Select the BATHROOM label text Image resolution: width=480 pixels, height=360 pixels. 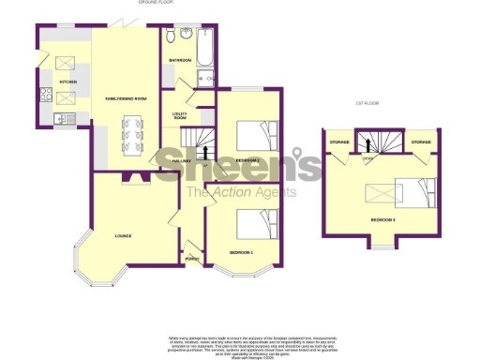point(180,61)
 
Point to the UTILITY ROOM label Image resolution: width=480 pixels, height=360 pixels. point(181,116)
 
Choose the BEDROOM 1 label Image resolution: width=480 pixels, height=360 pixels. point(242,253)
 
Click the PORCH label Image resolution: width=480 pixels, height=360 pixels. point(192,259)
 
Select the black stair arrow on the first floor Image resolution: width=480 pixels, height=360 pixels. point(369,144)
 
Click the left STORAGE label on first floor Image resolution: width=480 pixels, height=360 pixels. point(339,142)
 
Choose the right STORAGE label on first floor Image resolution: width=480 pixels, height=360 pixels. point(420,142)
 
